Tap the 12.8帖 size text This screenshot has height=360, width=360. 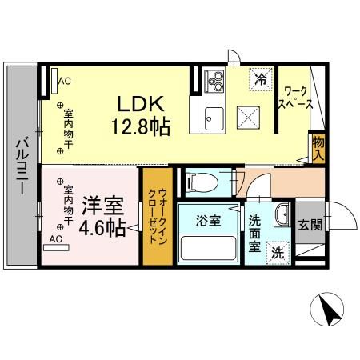(x=141, y=126)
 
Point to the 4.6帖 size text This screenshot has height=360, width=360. (x=101, y=227)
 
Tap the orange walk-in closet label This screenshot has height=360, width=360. (x=157, y=219)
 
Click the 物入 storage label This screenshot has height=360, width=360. (x=318, y=147)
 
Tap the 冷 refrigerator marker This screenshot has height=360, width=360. (x=261, y=78)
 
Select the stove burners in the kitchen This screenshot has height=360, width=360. (x=215, y=82)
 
